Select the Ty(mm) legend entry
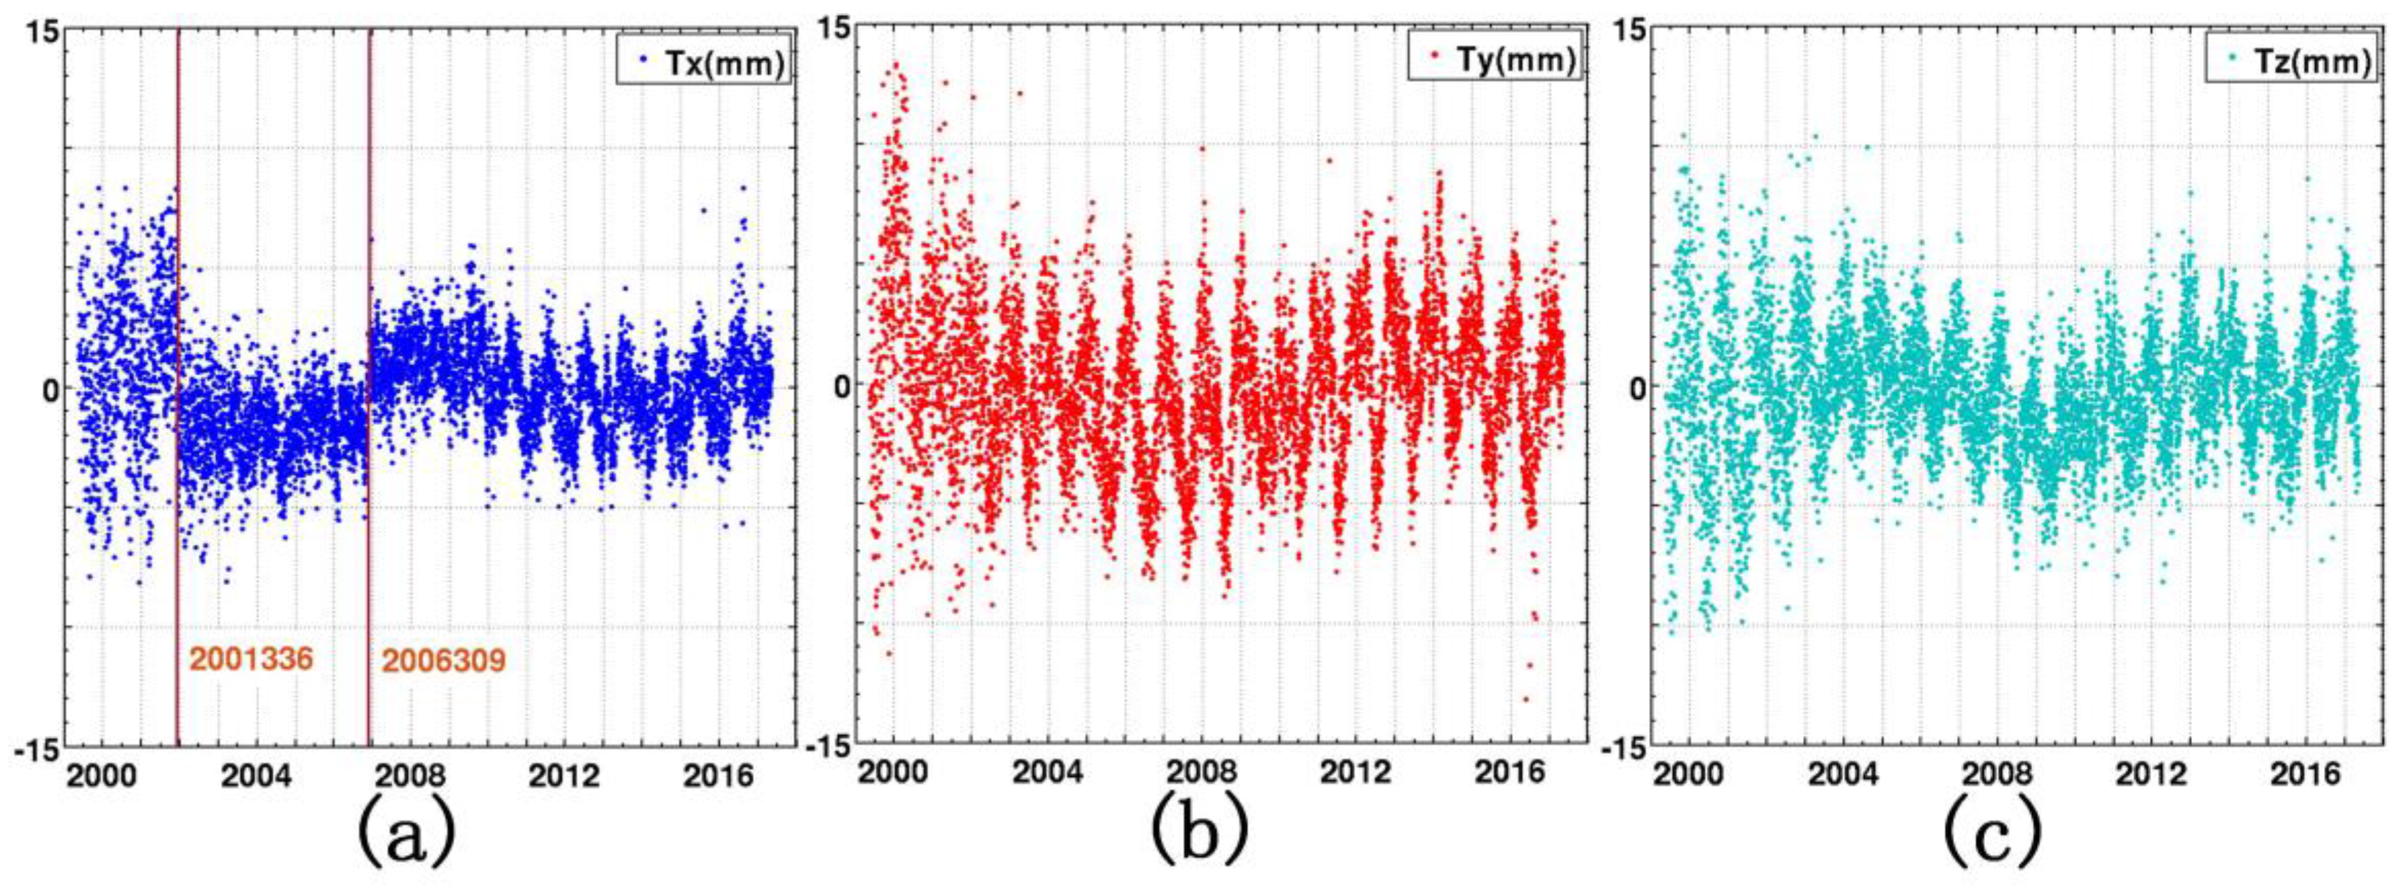coord(1494,60)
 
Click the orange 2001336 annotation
coord(251,659)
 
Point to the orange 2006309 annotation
coord(444,662)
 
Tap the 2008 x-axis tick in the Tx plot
coord(410,777)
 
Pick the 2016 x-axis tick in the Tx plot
coord(718,777)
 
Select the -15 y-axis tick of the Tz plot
coord(1620,747)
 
